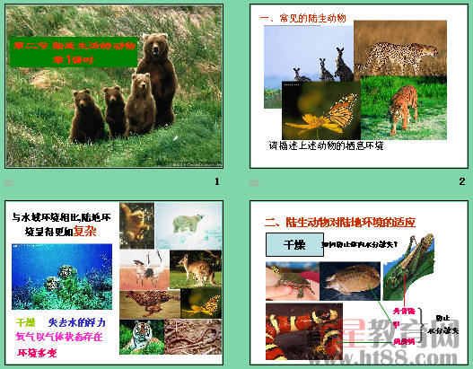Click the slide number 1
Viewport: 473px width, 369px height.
tap(216, 182)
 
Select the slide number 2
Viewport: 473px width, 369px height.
tap(461, 182)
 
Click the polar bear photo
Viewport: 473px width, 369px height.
tap(192, 225)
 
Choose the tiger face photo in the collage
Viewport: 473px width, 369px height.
tap(141, 337)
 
